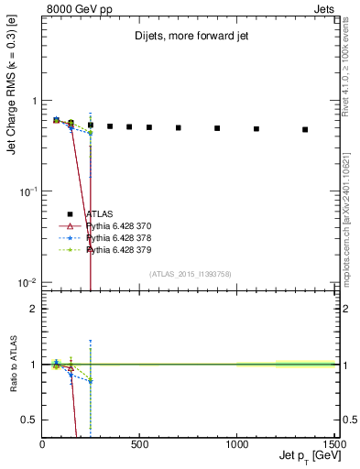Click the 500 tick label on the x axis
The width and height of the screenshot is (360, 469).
tap(139, 443)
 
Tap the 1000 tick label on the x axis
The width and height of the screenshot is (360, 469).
tap(236, 443)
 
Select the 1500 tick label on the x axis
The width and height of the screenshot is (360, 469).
tap(333, 443)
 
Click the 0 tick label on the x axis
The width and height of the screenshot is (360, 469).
tap(42, 443)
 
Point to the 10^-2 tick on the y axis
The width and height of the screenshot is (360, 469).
tap(27, 282)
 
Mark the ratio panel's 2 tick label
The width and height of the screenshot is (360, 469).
tap(33, 309)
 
